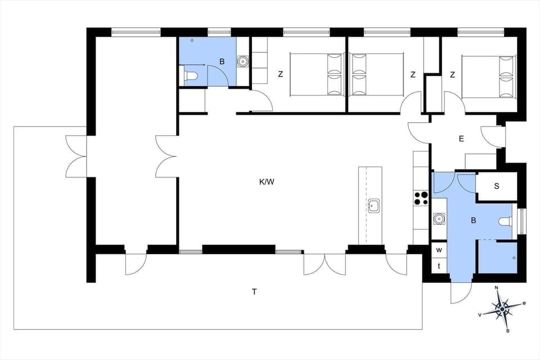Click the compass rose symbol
pyautogui.click(x=502, y=308)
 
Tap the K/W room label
pyautogui.click(x=267, y=182)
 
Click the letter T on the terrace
pyautogui.click(x=254, y=291)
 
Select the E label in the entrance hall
pyautogui.click(x=461, y=138)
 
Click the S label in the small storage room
pyautogui.click(x=497, y=186)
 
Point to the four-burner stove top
pyautogui.click(x=421, y=198)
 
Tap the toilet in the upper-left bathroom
pyautogui.click(x=190, y=75)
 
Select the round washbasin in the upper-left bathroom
pyautogui.click(x=243, y=61)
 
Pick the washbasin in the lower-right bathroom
pyautogui.click(x=439, y=218)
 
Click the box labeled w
pyautogui.click(x=439, y=249)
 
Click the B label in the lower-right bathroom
pyautogui.click(x=473, y=220)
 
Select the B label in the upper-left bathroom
pyautogui.click(x=222, y=62)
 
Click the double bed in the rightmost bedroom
pyautogui.click(x=488, y=76)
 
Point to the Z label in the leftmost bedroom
pyautogui.click(x=280, y=74)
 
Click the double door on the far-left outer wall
pyautogui.click(x=76, y=156)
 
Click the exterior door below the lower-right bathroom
pyautogui.click(x=461, y=291)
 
